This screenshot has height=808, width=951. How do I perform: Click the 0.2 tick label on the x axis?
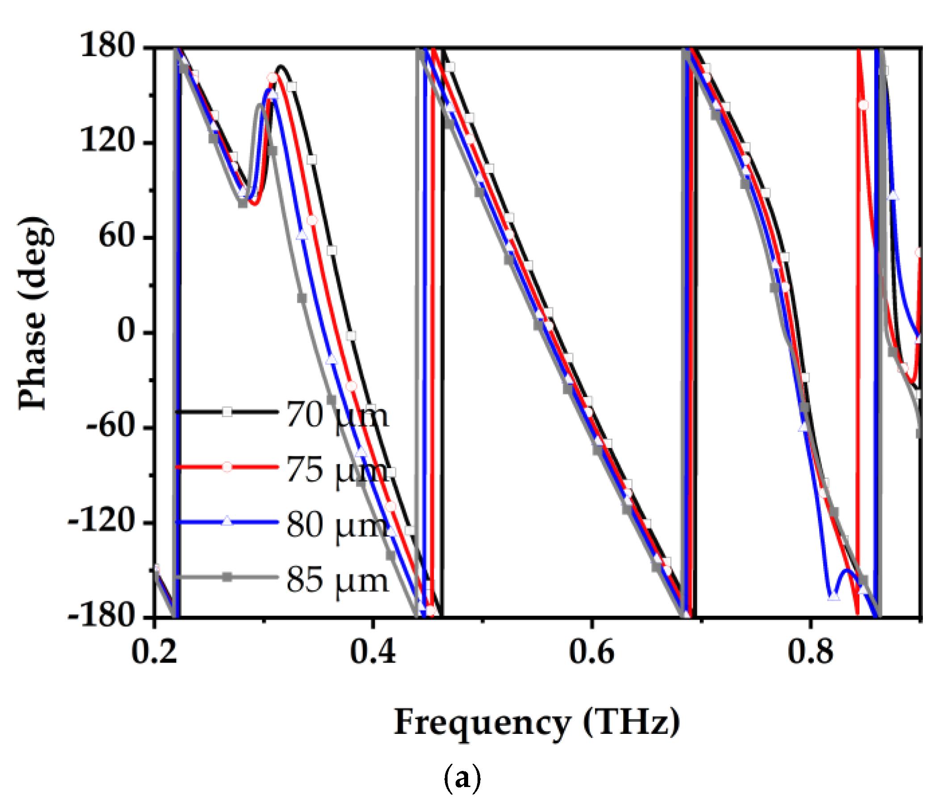click(x=154, y=651)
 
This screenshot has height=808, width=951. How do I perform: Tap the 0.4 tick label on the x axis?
click(x=373, y=651)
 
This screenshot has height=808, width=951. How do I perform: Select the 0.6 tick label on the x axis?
click(x=591, y=651)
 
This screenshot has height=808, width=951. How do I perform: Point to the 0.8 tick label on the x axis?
click(x=810, y=651)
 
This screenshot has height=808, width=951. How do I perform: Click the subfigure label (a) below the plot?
click(x=462, y=778)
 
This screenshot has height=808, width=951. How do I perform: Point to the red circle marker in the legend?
click(x=227, y=467)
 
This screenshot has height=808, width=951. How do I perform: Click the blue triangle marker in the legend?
click(x=227, y=521)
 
